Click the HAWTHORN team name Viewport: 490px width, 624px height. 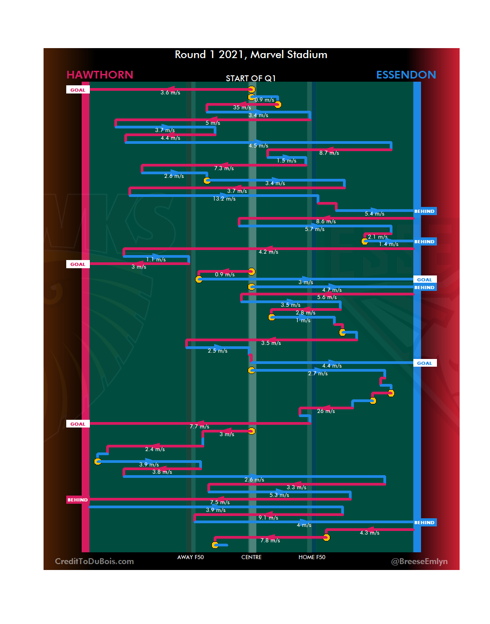100,75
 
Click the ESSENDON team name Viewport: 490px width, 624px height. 406,75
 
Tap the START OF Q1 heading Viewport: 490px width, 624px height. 250,79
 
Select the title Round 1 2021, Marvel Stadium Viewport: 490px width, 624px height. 251,55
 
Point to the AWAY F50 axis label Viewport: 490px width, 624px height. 191,557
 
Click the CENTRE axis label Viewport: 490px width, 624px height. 251,557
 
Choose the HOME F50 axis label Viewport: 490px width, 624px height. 312,557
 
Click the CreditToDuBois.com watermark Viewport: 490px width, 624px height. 94,561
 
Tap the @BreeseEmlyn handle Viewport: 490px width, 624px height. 419,561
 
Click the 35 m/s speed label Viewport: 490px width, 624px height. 242,108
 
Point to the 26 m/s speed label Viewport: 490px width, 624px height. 326,411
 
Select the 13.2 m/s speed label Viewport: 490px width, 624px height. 224,199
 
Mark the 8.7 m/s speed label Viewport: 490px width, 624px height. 329,153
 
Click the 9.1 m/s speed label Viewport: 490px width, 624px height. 268,518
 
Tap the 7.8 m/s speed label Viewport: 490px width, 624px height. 270,540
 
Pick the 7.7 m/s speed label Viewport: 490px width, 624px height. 199,427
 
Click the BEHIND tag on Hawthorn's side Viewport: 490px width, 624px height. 78,500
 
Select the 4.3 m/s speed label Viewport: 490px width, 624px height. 369,533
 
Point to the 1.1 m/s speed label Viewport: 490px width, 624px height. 156,260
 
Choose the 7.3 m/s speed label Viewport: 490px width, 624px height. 224,168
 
